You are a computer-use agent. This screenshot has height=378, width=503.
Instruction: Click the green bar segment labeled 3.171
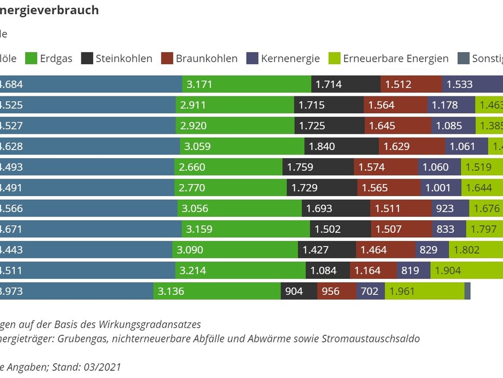click(x=247, y=84)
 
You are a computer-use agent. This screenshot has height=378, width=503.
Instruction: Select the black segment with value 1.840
click(x=342, y=146)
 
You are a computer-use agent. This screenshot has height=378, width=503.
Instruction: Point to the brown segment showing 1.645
click(x=397, y=125)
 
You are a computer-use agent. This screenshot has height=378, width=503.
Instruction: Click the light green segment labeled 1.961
click(x=424, y=291)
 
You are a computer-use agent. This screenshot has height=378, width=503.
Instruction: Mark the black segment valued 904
click(x=299, y=291)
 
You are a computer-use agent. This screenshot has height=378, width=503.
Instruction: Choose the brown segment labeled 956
click(x=337, y=291)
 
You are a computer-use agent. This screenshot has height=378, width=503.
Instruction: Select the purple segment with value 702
click(x=370, y=291)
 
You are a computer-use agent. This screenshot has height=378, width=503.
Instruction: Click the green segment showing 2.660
click(x=229, y=167)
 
